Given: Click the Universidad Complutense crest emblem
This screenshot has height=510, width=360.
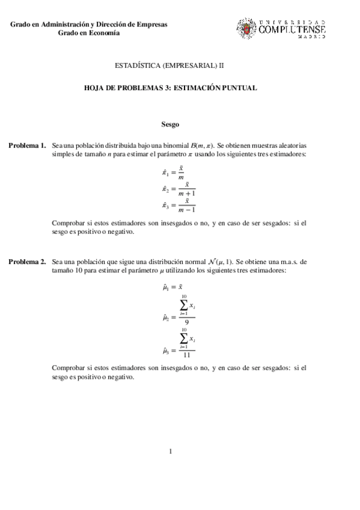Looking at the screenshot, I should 246,28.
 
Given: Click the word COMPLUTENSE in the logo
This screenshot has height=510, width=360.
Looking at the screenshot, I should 292,29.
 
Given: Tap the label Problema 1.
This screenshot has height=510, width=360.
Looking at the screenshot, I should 26,146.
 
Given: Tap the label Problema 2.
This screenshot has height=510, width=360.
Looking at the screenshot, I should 26,262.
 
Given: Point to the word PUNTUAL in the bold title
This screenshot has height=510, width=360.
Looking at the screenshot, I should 241,88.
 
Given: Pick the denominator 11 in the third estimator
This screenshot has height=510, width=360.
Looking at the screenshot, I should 187,355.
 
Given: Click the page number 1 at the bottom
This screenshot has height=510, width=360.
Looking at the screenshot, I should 171,451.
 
